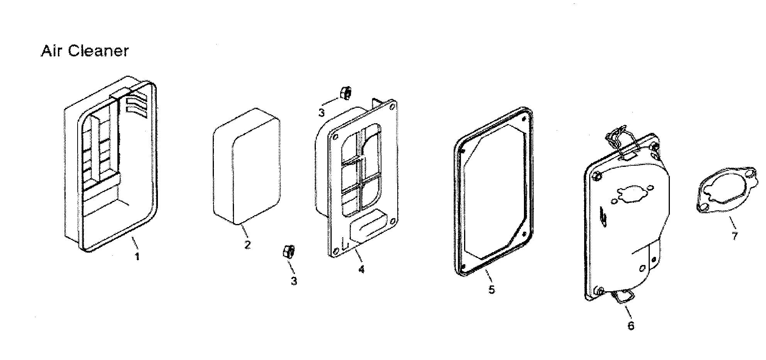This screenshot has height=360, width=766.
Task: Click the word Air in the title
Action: (x=51, y=51)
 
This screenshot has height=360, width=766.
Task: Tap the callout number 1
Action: (x=137, y=256)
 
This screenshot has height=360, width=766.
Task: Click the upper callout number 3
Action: (x=322, y=112)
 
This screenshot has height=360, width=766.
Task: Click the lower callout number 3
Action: (x=294, y=281)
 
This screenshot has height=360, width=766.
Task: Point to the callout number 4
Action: (x=361, y=269)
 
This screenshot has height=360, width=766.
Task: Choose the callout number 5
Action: (x=491, y=289)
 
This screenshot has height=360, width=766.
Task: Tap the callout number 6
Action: (x=630, y=326)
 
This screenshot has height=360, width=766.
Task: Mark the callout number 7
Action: (x=734, y=236)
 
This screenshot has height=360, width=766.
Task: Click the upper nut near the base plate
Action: (x=345, y=93)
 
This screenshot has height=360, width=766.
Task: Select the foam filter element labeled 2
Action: (x=246, y=166)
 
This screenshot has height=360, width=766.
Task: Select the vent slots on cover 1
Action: (x=136, y=105)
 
